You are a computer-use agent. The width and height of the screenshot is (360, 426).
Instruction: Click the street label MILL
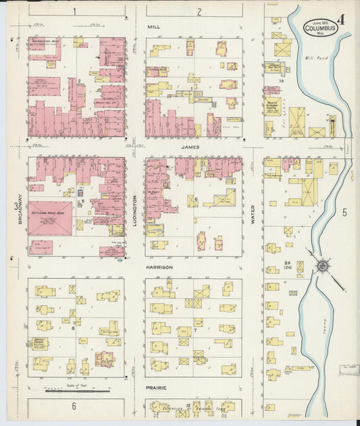(153, 28)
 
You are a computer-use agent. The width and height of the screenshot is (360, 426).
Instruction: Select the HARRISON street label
(159, 267)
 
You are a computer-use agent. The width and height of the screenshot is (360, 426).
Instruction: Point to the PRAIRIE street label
(157, 388)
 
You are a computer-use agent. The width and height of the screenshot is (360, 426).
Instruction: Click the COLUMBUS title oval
(321, 28)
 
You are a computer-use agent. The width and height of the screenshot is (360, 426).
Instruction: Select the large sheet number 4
(342, 20)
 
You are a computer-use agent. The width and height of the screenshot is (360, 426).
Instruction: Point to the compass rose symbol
(322, 266)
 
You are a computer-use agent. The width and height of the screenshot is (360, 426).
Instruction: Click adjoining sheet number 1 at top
(75, 11)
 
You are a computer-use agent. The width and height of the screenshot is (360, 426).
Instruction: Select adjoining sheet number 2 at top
(199, 11)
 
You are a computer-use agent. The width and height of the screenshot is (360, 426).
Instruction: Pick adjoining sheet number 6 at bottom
(74, 406)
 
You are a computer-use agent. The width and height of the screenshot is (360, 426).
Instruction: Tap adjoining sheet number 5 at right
(344, 213)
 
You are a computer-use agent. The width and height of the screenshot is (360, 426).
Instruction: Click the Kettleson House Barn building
(50, 217)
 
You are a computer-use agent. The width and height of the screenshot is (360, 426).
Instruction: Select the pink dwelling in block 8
(104, 358)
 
